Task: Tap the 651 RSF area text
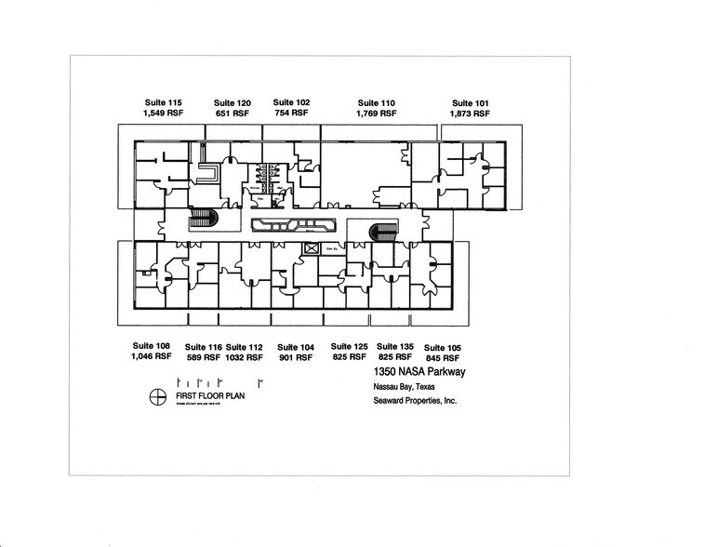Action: click(232, 113)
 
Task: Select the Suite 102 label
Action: click(291, 102)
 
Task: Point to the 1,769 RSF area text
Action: click(376, 113)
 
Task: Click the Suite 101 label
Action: click(470, 102)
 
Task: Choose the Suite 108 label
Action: click(151, 346)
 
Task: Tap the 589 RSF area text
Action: click(203, 357)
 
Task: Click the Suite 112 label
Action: click(245, 347)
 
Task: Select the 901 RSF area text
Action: click(296, 357)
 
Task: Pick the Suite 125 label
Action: click(349, 346)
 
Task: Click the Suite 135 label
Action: click(393, 346)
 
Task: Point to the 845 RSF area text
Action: click(442, 357)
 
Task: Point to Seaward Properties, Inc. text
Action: click(410, 402)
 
